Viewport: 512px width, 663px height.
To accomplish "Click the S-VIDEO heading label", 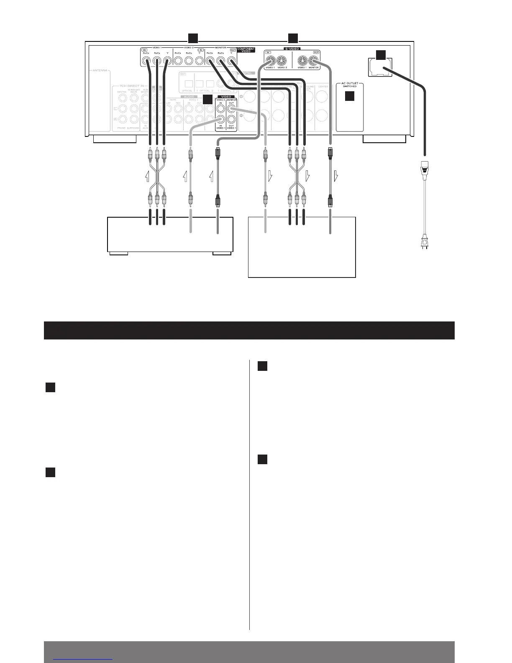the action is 292,49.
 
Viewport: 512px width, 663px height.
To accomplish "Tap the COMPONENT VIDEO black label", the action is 246,50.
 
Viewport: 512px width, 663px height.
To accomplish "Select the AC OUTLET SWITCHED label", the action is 350,85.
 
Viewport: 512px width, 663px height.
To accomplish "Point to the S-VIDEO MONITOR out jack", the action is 314,59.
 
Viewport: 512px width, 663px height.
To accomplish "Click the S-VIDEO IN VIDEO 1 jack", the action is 270,59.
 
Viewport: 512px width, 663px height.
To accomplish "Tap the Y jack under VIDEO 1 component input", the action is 167,61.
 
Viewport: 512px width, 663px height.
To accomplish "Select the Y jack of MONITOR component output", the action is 230,61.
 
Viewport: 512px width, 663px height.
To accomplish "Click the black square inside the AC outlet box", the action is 350,96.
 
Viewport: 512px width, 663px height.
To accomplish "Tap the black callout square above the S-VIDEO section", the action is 293,38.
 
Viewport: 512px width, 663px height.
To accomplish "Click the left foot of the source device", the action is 118,253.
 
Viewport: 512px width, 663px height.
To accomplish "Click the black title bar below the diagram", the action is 249,330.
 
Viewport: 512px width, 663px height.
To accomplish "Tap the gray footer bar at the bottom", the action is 249,652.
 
